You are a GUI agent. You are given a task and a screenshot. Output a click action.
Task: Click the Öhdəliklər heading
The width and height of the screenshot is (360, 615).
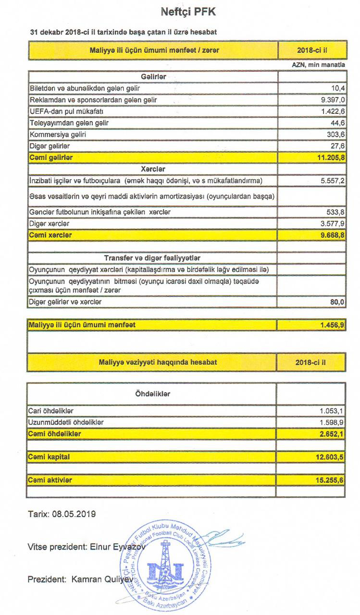153,394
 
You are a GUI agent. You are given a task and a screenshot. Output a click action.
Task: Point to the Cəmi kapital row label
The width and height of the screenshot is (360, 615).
49,457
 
